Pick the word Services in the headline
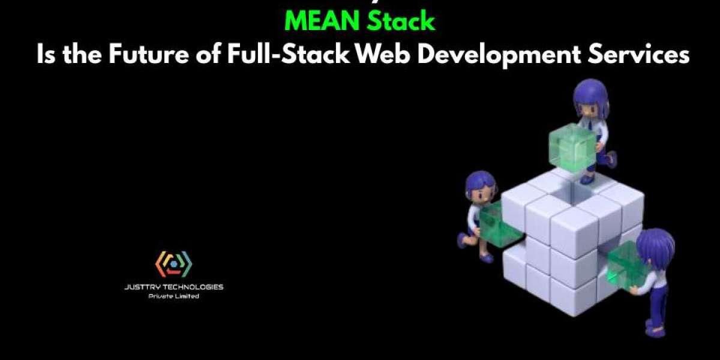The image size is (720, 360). point(648,55)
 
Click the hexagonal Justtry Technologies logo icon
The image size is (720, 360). point(173,264)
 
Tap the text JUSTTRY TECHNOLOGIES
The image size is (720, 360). point(173,287)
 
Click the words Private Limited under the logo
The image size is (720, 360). point(173,296)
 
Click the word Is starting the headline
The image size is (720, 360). point(47,55)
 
